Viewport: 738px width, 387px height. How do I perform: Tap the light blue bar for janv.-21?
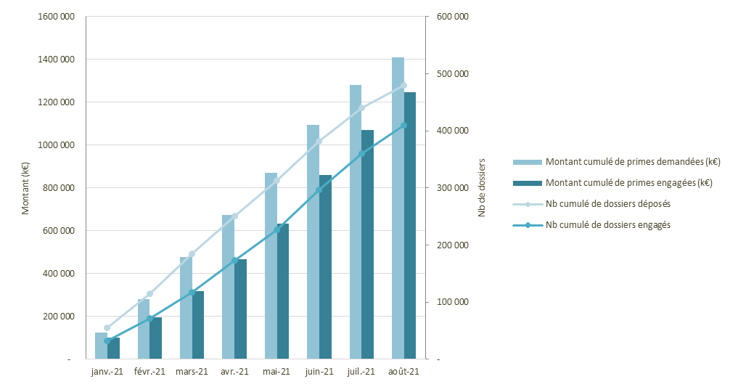pyautogui.click(x=101, y=346)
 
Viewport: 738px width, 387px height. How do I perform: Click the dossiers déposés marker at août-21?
pyautogui.click(x=403, y=85)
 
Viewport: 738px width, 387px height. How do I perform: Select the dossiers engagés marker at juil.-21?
pyautogui.click(x=361, y=154)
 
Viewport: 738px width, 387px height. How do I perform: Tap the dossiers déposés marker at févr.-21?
pyautogui.click(x=149, y=294)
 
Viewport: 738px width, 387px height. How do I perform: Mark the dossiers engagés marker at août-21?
pyautogui.click(x=403, y=126)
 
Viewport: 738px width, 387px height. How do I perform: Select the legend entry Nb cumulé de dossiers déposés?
pyautogui.click(x=607, y=204)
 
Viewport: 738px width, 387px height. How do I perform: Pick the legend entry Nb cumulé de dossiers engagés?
pyautogui.click(x=607, y=225)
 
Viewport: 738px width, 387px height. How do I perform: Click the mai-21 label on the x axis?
pyautogui.click(x=276, y=372)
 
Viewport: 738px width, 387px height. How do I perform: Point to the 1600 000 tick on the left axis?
pyautogui.click(x=59, y=17)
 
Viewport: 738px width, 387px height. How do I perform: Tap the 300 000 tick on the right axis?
pyautogui.click(x=451, y=188)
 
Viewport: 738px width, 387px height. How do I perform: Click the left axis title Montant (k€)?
pyautogui.click(x=25, y=188)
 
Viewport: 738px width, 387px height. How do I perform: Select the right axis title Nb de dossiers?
pyautogui.click(x=482, y=188)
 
